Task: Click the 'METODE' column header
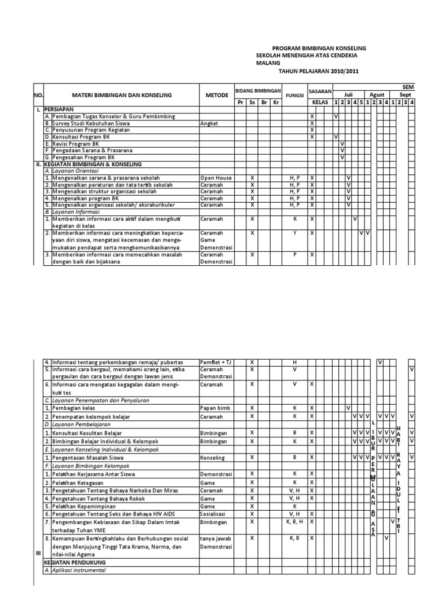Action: [x=217, y=95]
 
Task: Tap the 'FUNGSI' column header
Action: [x=294, y=95]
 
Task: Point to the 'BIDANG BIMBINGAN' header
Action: [x=258, y=91]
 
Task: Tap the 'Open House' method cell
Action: [x=216, y=178]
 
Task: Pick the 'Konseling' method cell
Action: [x=212, y=457]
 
